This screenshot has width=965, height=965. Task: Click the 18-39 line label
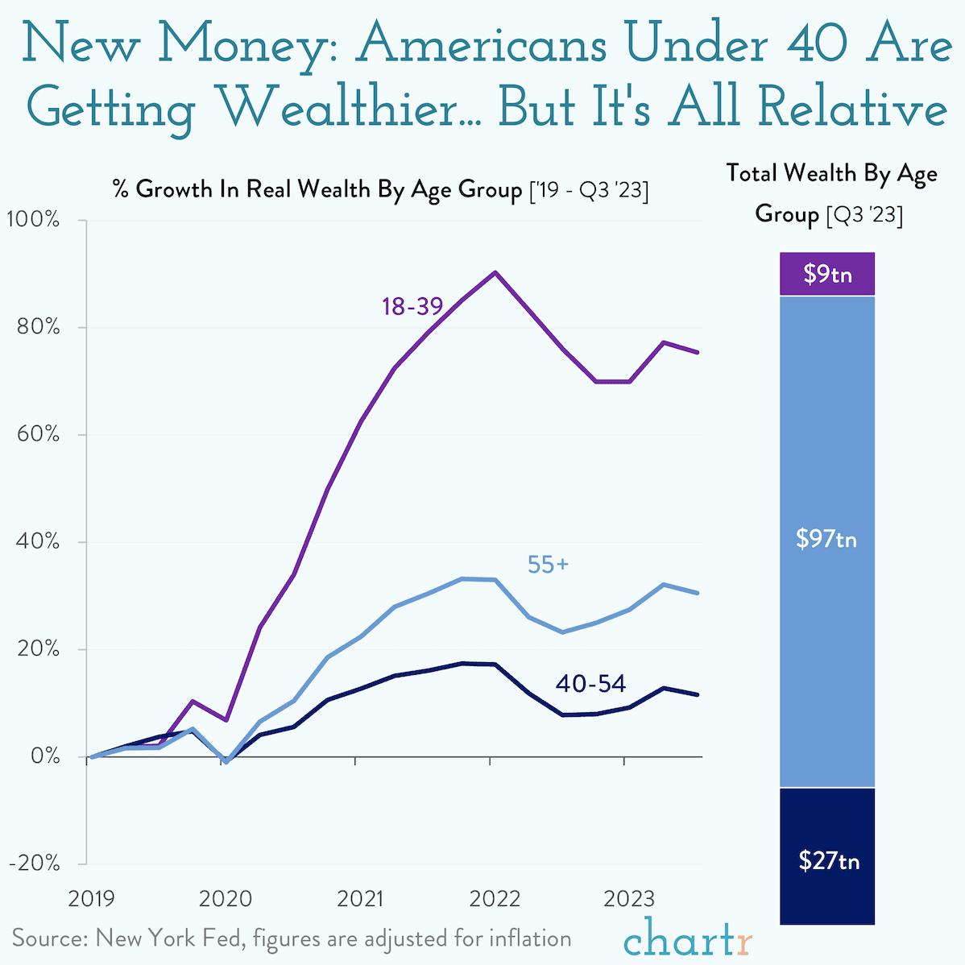point(412,306)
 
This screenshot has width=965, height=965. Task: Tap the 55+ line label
point(548,565)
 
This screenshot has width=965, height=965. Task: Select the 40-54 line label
point(590,684)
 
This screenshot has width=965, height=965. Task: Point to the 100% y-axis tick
point(33,219)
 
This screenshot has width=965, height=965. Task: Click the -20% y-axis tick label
point(34,863)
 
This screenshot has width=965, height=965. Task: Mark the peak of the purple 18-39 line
point(495,272)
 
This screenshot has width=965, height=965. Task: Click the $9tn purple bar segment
point(827,274)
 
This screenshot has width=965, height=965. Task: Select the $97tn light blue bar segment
point(827,539)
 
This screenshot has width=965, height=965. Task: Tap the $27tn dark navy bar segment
point(827,860)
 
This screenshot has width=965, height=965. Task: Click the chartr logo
point(688,940)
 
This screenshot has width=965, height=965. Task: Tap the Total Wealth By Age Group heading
point(830,194)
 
